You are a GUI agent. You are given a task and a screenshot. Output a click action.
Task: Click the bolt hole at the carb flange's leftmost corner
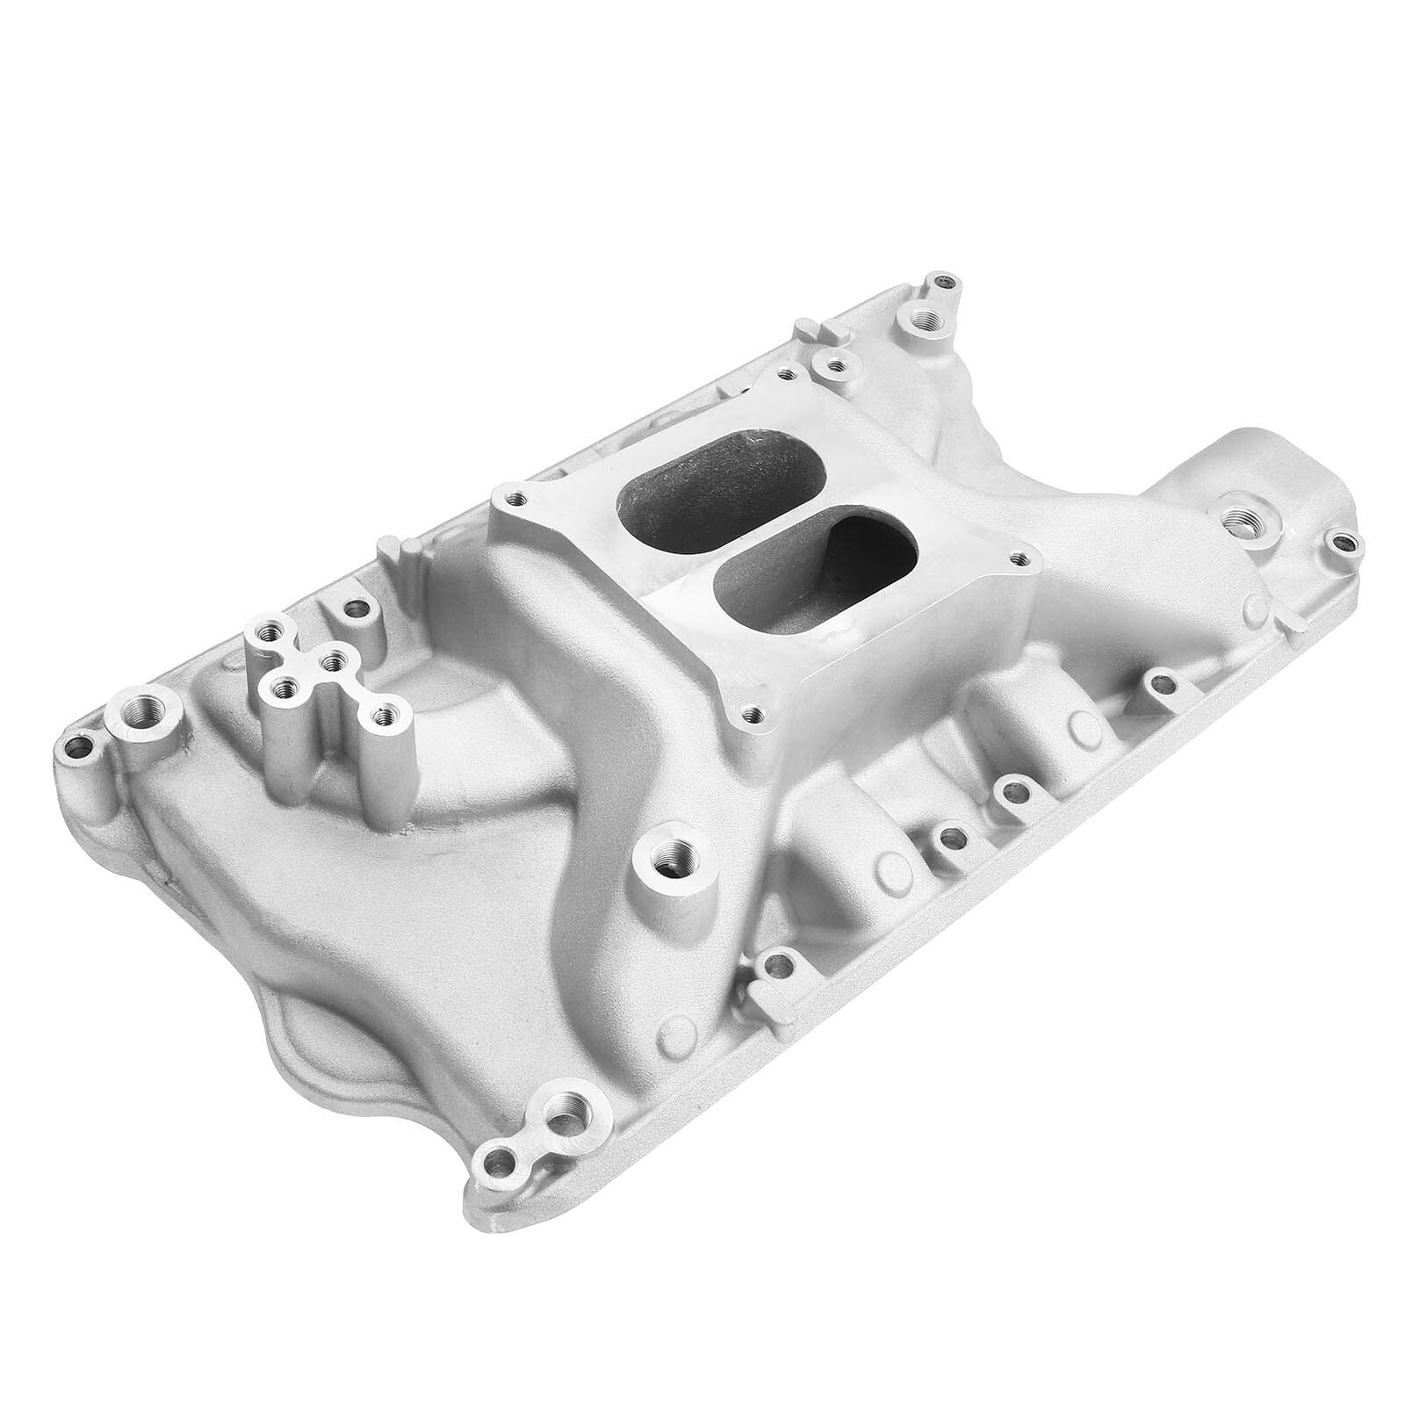tap(510, 497)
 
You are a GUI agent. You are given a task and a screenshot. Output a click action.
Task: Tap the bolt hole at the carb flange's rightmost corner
tap(1019, 557)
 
